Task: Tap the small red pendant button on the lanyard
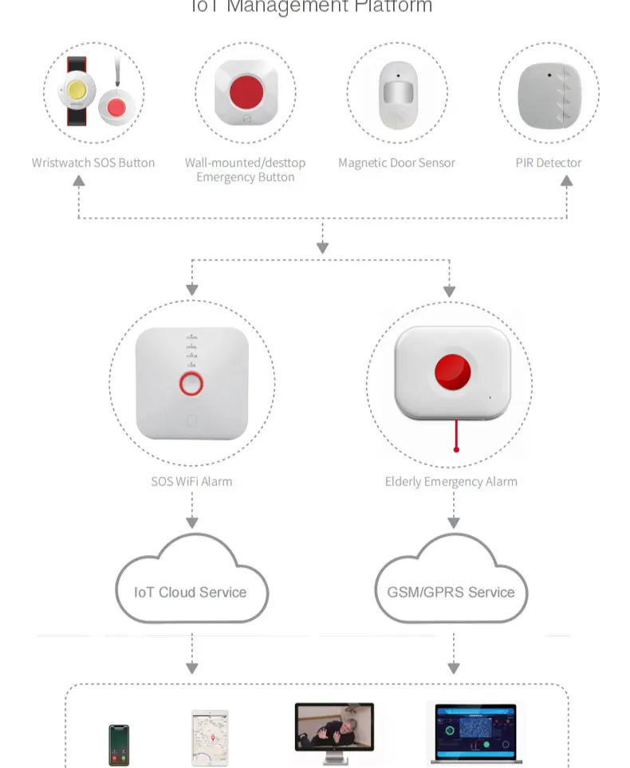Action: [x=116, y=104]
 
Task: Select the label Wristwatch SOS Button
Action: [x=93, y=163]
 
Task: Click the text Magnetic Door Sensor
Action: [x=396, y=163]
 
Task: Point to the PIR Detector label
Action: [x=548, y=163]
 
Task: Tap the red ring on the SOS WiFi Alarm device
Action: [x=191, y=384]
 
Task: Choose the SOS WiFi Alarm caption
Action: [x=191, y=482]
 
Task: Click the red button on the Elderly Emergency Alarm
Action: [x=452, y=372]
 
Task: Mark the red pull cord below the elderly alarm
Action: [x=456, y=435]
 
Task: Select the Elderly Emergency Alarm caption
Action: [x=451, y=482]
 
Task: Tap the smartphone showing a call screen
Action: [x=119, y=745]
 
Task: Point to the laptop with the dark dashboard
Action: [x=476, y=734]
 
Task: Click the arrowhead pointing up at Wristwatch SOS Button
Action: [x=79, y=181]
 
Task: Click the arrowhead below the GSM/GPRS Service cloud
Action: [x=454, y=668]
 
